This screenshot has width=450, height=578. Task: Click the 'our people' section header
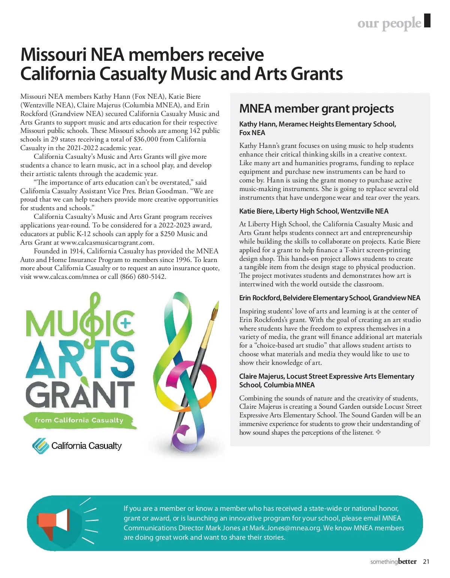coord(389,23)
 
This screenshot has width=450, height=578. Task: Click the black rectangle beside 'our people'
coord(427,20)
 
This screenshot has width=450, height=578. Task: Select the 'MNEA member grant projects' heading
coord(316,109)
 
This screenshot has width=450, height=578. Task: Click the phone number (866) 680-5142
coord(143,277)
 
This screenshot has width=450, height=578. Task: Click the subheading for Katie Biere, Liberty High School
coord(314,211)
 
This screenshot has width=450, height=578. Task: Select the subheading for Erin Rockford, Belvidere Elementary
coord(330,298)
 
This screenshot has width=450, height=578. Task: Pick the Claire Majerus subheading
coord(327,381)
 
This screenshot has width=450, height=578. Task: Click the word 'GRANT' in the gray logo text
coord(80,394)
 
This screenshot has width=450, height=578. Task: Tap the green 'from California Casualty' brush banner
coord(79,420)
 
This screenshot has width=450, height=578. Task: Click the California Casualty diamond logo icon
coord(40,446)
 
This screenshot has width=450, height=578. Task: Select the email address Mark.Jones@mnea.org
coord(285,528)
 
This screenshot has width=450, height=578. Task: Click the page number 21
coord(426,562)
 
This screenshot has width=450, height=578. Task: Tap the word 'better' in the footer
coord(407,562)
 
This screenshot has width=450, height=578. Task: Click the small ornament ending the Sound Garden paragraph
coord(378,432)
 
